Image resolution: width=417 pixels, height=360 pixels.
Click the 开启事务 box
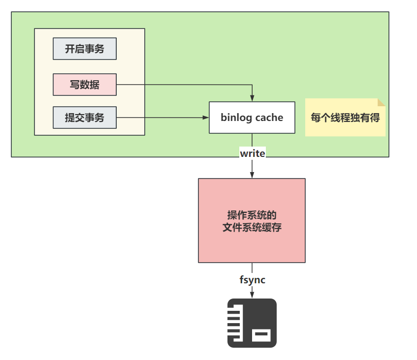85,49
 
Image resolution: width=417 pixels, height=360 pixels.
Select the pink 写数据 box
85,85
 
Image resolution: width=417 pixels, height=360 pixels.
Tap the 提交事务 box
85,118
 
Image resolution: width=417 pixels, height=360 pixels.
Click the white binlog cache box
252,118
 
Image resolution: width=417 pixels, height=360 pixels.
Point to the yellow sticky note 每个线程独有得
345,118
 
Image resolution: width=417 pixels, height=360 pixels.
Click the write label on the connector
252,153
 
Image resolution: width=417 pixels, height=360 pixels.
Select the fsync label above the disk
252,280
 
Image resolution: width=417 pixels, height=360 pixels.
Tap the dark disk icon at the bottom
252,323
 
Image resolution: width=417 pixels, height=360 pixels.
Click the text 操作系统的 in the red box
252,215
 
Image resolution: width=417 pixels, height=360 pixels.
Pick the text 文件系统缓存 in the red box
252,227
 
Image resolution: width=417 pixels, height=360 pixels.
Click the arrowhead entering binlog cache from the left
206,118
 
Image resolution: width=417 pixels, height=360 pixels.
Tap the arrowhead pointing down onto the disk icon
252,295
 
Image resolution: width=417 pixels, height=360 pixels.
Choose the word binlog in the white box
236,118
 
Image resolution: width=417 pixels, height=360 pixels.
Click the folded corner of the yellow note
381,102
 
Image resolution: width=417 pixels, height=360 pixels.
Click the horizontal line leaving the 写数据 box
182,85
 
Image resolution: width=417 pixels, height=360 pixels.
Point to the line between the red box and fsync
252,268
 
